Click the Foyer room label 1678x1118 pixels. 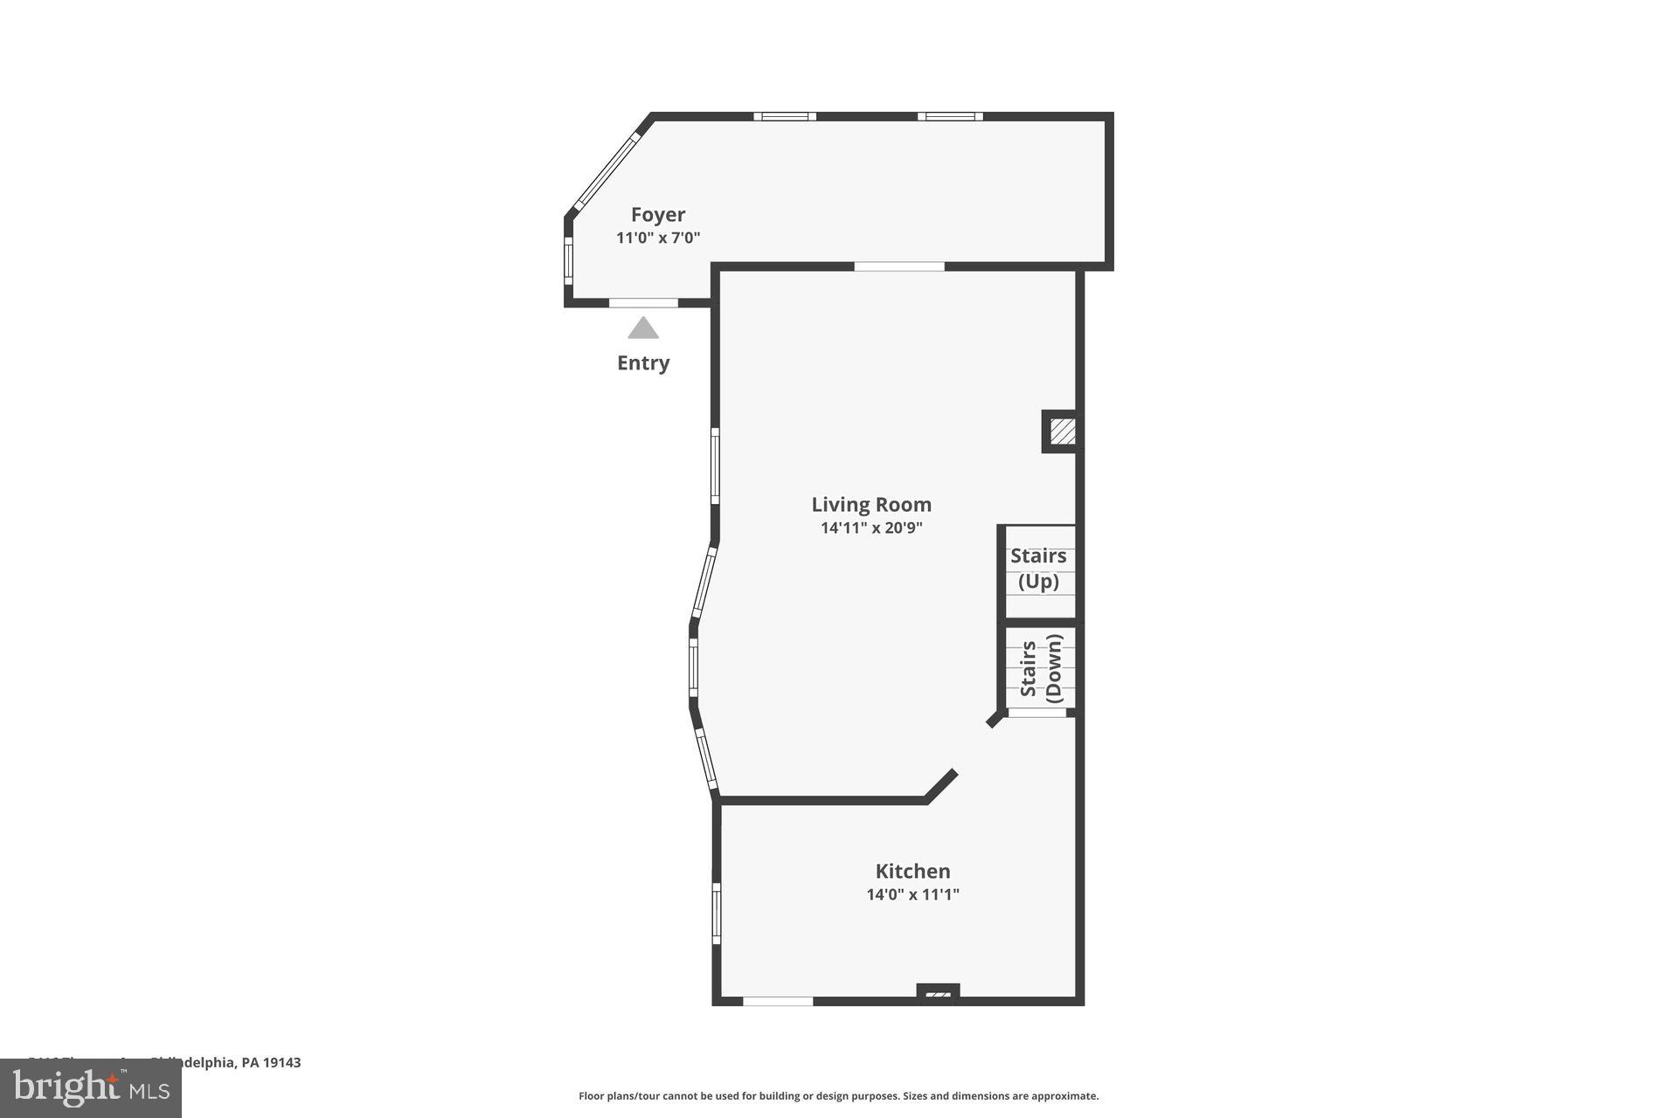coord(658,215)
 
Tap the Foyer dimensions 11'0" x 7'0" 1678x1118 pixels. coord(658,238)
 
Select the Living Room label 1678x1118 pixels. coord(871,505)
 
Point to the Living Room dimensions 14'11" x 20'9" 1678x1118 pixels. coord(871,528)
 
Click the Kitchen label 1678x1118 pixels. coord(912,871)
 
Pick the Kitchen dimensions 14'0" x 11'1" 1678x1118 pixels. coord(912,894)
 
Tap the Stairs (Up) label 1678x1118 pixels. coord(1038,569)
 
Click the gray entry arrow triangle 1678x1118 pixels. coord(643,328)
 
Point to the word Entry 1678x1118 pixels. coord(643,363)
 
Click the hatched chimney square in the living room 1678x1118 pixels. coord(1062,431)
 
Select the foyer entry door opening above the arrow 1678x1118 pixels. coord(643,303)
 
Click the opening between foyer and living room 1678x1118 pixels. coord(899,266)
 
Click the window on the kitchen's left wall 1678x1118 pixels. coord(716,913)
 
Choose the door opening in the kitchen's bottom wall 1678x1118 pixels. coord(778,1001)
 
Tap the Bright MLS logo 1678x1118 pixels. coord(91,1088)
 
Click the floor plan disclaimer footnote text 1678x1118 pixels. coord(838,1096)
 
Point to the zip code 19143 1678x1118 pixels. coord(282,1063)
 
